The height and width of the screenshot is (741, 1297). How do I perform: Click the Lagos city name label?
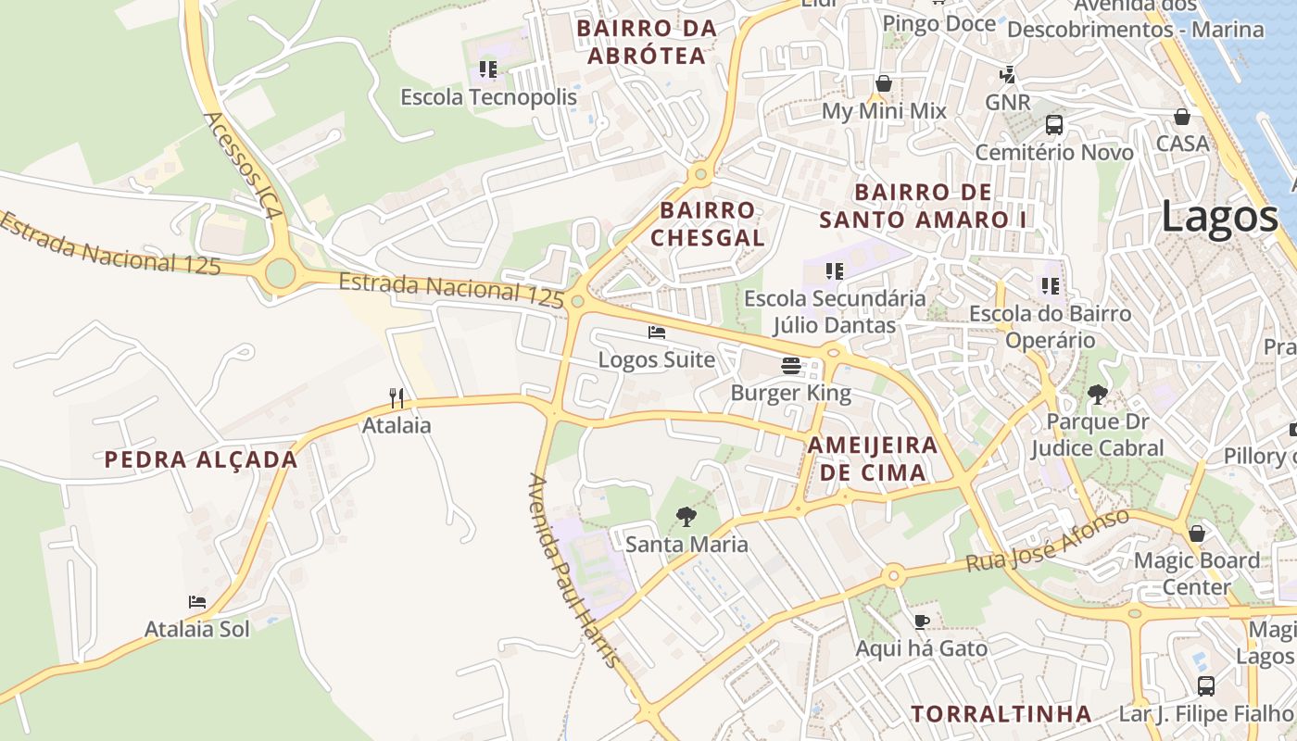click(1218, 217)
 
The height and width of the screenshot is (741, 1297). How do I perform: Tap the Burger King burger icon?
click(790, 365)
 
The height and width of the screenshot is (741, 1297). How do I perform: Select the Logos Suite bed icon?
click(657, 332)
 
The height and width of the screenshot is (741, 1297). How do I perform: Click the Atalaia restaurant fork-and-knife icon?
click(397, 398)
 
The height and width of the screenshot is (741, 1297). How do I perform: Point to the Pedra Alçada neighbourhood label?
click(201, 459)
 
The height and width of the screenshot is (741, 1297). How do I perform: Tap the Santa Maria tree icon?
click(686, 516)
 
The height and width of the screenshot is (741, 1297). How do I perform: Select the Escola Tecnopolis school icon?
click(488, 69)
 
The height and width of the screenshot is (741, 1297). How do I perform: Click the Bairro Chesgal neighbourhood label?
click(708, 224)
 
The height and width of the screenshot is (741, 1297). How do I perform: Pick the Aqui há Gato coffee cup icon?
click(921, 621)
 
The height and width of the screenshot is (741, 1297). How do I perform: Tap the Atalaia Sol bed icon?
click(197, 602)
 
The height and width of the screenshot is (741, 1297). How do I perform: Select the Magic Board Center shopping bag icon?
click(1197, 534)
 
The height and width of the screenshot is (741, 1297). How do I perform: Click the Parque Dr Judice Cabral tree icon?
click(1098, 395)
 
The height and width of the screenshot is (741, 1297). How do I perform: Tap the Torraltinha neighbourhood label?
click(1001, 714)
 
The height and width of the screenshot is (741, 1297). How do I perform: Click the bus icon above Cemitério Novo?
click(1053, 125)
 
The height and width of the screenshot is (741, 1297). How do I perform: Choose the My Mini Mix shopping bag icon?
click(884, 83)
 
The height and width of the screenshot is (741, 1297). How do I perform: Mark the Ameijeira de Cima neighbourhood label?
click(872, 458)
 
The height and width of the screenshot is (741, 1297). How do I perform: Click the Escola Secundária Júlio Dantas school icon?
click(835, 271)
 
